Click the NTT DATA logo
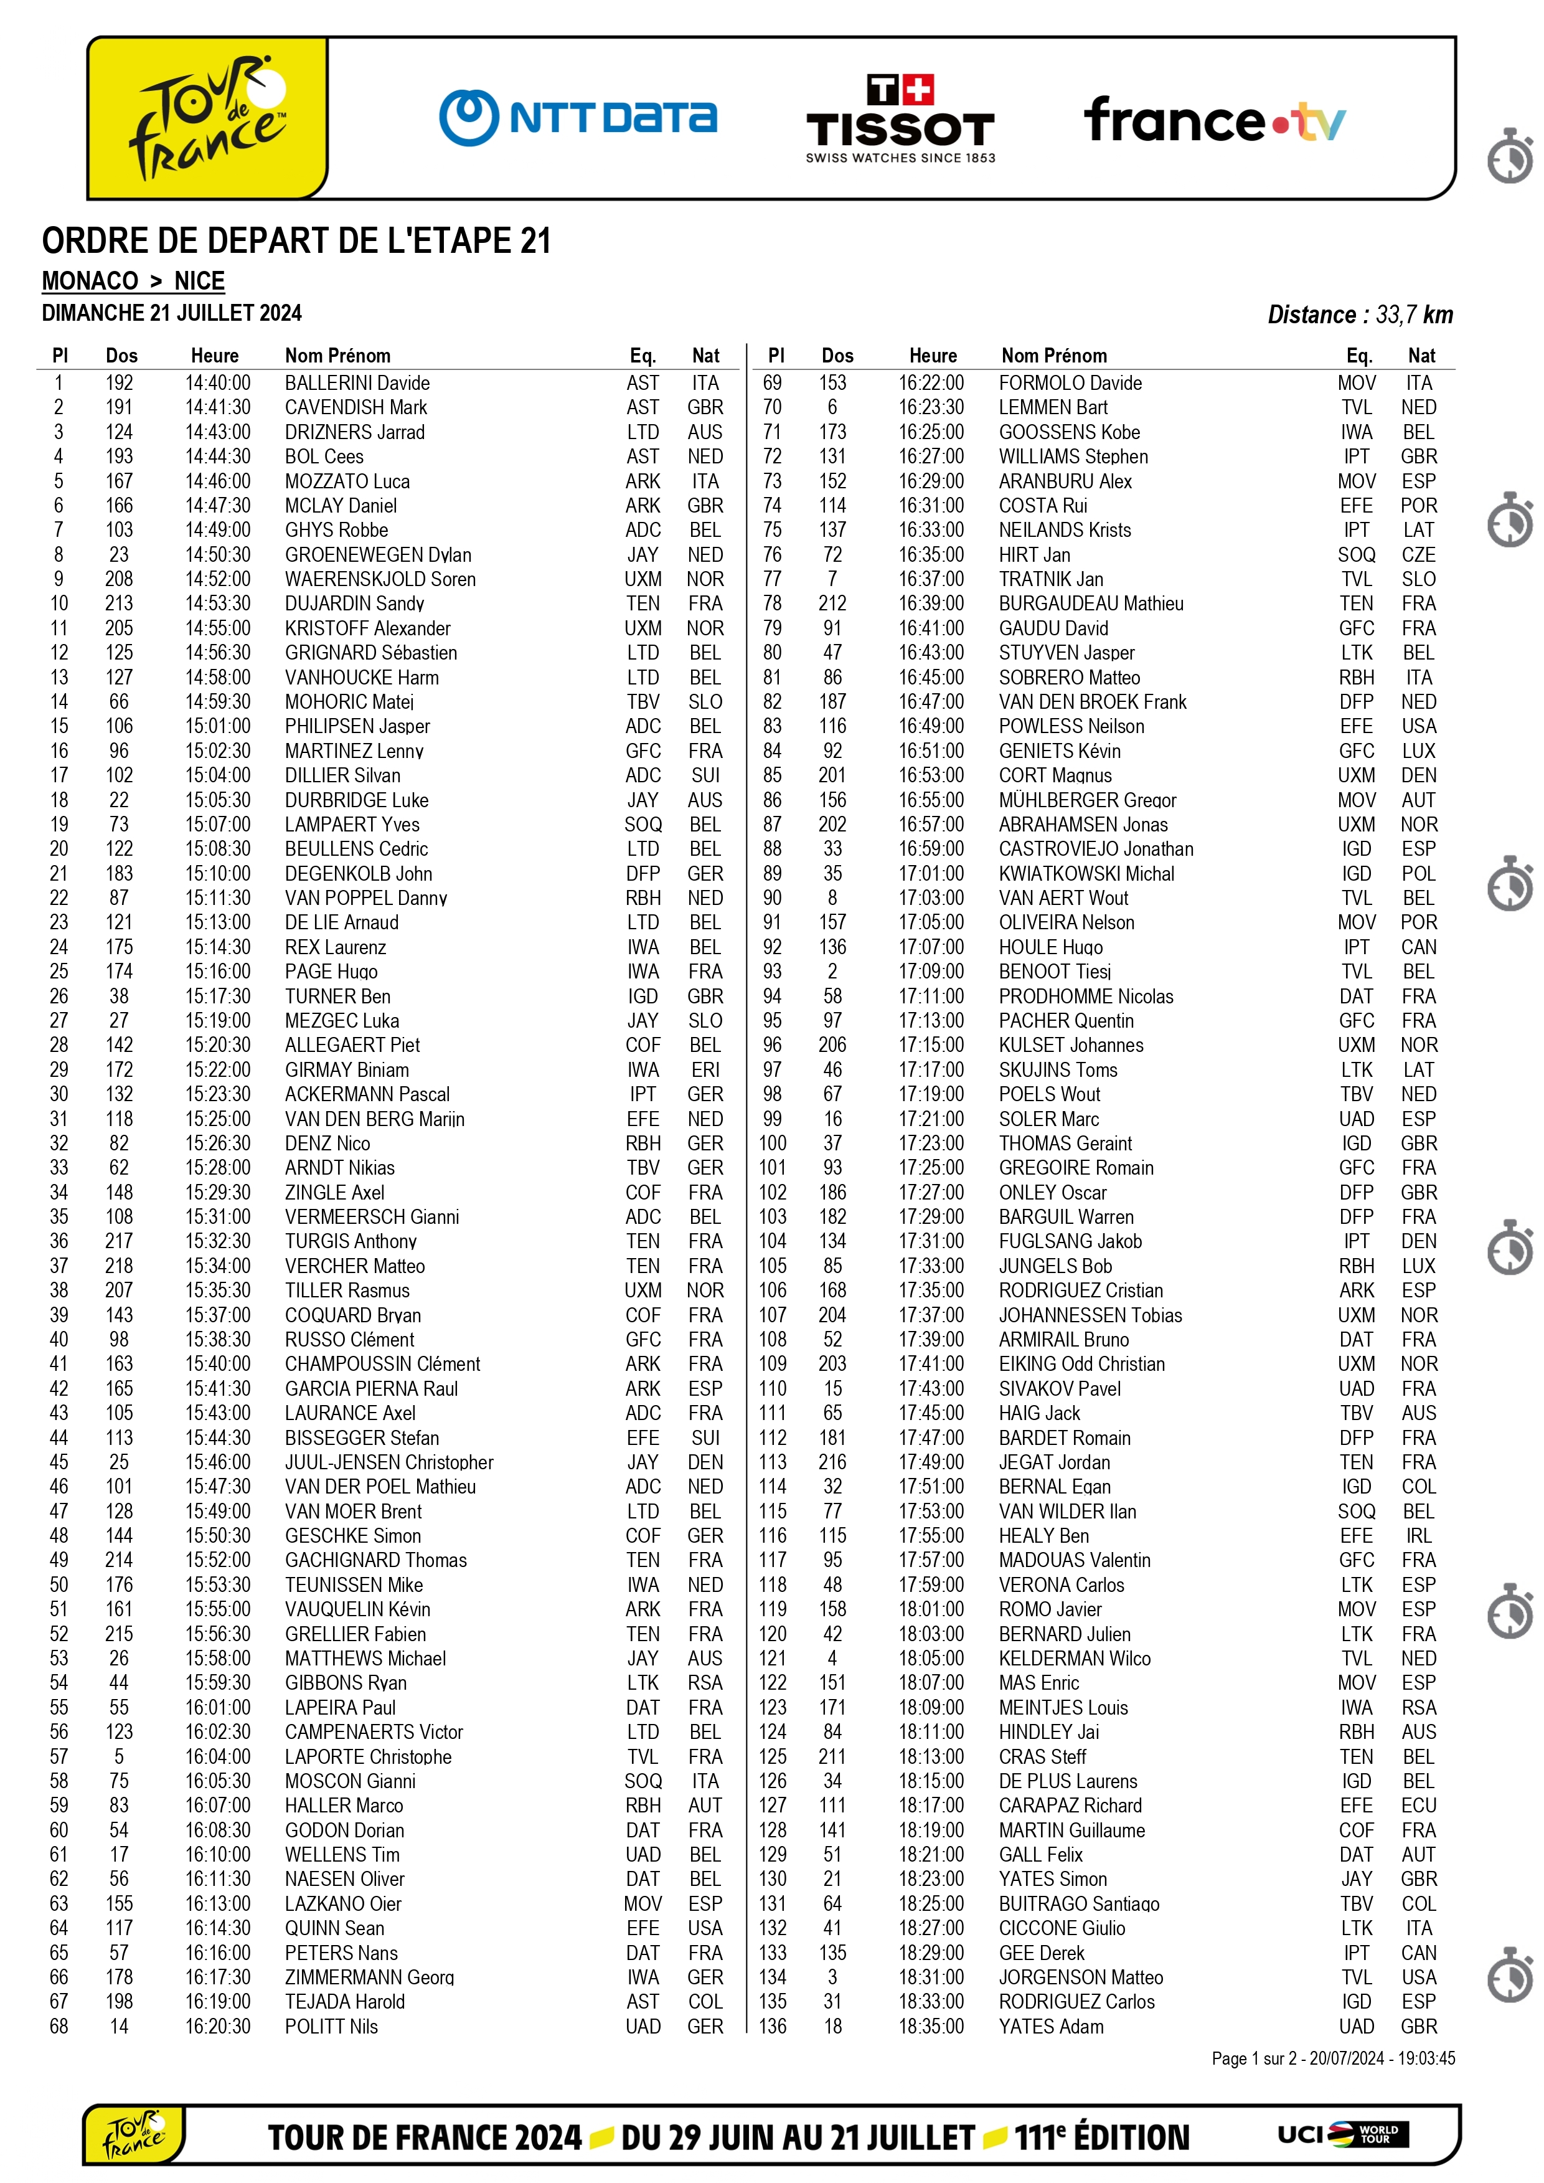click(578, 118)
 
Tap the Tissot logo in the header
click(900, 120)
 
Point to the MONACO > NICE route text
click(133, 282)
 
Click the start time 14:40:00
click(218, 382)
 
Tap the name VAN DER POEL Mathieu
click(380, 1487)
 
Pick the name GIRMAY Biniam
click(347, 1070)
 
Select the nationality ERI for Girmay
click(705, 1070)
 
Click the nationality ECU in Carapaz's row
click(1418, 1806)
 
